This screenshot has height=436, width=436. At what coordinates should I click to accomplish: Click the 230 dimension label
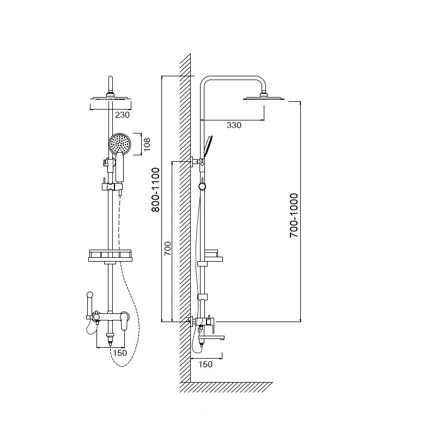(122, 114)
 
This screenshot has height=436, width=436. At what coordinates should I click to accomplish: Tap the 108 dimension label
(147, 144)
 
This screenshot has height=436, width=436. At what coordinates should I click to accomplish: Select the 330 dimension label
(234, 125)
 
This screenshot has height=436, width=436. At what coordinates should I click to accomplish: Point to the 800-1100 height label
(156, 190)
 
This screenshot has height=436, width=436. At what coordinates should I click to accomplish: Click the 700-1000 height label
(294, 215)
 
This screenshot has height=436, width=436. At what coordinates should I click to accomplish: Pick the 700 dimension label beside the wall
(167, 249)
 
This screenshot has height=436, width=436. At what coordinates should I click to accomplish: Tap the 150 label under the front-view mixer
(119, 353)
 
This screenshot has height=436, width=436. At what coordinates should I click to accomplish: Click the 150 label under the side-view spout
(205, 364)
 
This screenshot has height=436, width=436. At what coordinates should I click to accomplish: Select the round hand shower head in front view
(119, 143)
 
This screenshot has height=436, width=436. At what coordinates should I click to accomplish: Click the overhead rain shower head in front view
(111, 98)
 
